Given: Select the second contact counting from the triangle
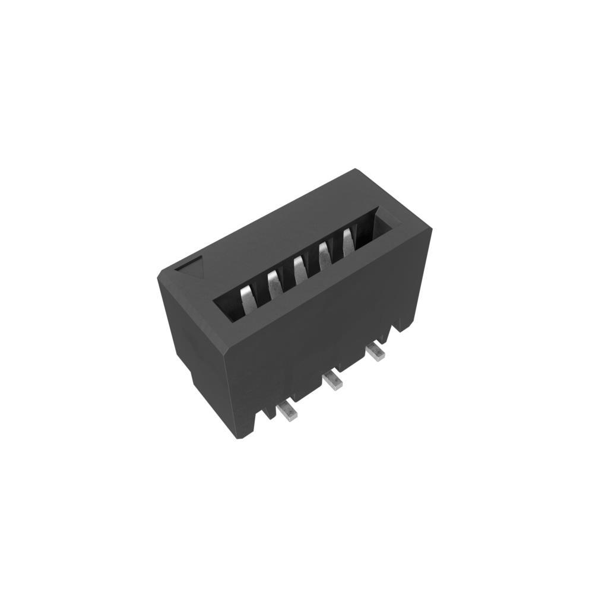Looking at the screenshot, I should click(274, 283).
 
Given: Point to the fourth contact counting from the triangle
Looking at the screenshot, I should click(325, 254).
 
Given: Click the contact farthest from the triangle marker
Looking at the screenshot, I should click(348, 240).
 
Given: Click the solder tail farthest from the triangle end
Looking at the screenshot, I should click(375, 351).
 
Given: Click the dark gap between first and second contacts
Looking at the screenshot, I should click(261, 292).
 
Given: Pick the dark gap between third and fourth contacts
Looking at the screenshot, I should click(312, 261).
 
